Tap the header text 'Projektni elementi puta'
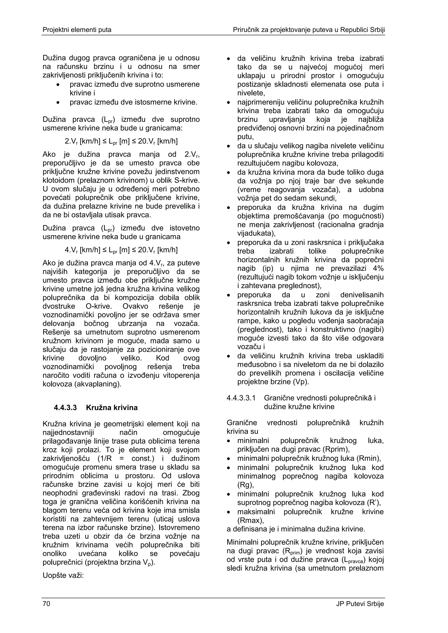coord(77,30)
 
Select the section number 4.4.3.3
coord(65,408)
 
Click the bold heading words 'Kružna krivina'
coord(112,408)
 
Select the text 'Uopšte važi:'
coord(63,576)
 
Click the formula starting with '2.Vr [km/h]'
coord(121,141)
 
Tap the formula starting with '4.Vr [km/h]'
coord(121,250)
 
